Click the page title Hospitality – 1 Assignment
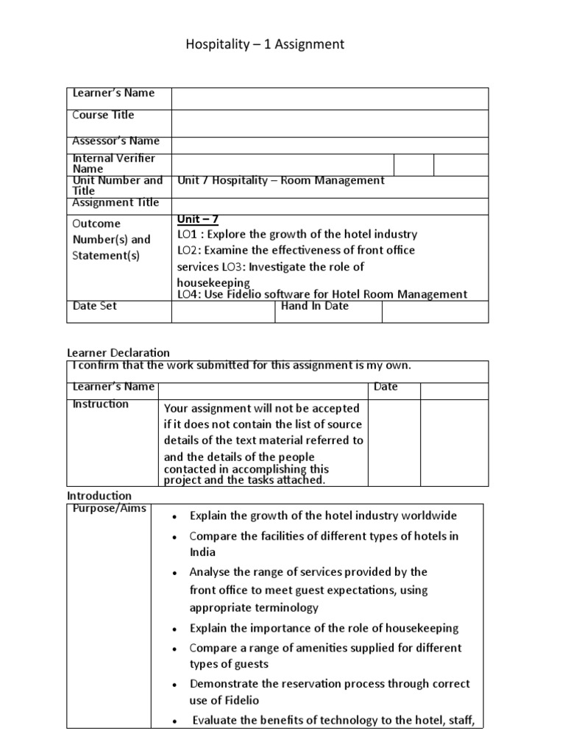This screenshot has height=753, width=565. (265, 45)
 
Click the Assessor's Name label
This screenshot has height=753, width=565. (116, 141)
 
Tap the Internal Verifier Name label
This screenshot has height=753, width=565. (113, 163)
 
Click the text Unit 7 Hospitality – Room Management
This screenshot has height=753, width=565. (281, 181)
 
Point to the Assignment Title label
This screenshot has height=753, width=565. (116, 203)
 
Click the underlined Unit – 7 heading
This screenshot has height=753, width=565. (198, 219)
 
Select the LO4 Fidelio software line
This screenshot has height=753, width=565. (321, 294)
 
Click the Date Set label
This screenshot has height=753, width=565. (94, 306)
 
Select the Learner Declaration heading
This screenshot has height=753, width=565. (118, 353)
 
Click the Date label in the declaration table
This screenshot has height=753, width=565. (386, 387)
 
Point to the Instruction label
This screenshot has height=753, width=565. (100, 404)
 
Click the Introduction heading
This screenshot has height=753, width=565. (99, 496)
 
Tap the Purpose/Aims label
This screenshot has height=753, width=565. (110, 509)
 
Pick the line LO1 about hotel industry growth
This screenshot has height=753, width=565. (297, 235)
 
